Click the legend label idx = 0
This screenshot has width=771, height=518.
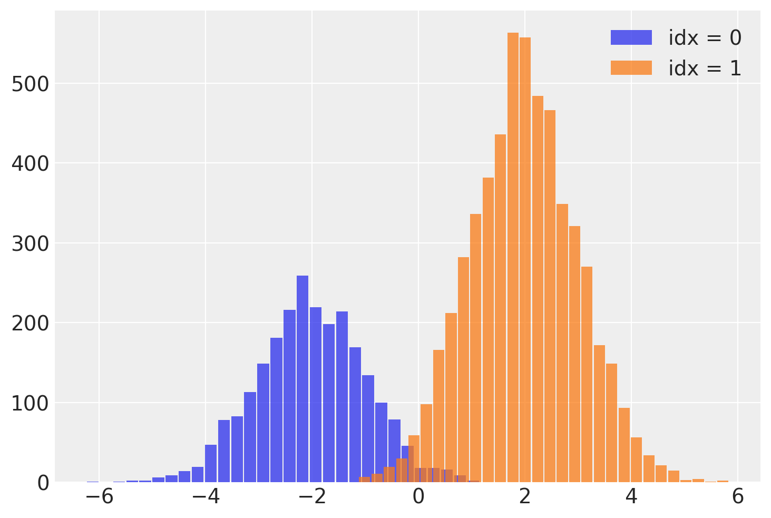click(x=705, y=38)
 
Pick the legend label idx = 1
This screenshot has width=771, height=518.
click(x=705, y=69)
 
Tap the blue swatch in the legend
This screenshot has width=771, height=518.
click(x=631, y=38)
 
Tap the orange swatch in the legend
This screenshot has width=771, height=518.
click(x=631, y=68)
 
